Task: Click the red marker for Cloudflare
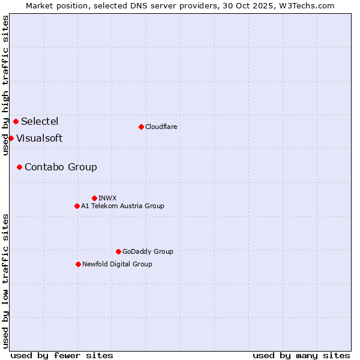click(141, 127)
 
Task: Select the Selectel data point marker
click(16, 122)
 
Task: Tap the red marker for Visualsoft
click(11, 139)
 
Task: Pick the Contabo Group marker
click(19, 167)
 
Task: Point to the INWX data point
click(94, 198)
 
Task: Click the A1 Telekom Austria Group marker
click(77, 206)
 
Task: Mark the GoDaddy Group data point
click(118, 251)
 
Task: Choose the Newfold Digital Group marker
click(78, 264)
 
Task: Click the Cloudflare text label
click(161, 127)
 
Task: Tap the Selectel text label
click(40, 122)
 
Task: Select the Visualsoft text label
click(39, 139)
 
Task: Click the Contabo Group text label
click(61, 167)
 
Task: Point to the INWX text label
click(107, 198)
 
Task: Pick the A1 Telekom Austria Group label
click(122, 206)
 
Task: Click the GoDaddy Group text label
click(148, 251)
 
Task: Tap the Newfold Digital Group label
click(117, 264)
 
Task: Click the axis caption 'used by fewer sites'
click(62, 355)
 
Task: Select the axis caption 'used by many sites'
click(301, 355)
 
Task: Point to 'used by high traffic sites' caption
click(5, 85)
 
